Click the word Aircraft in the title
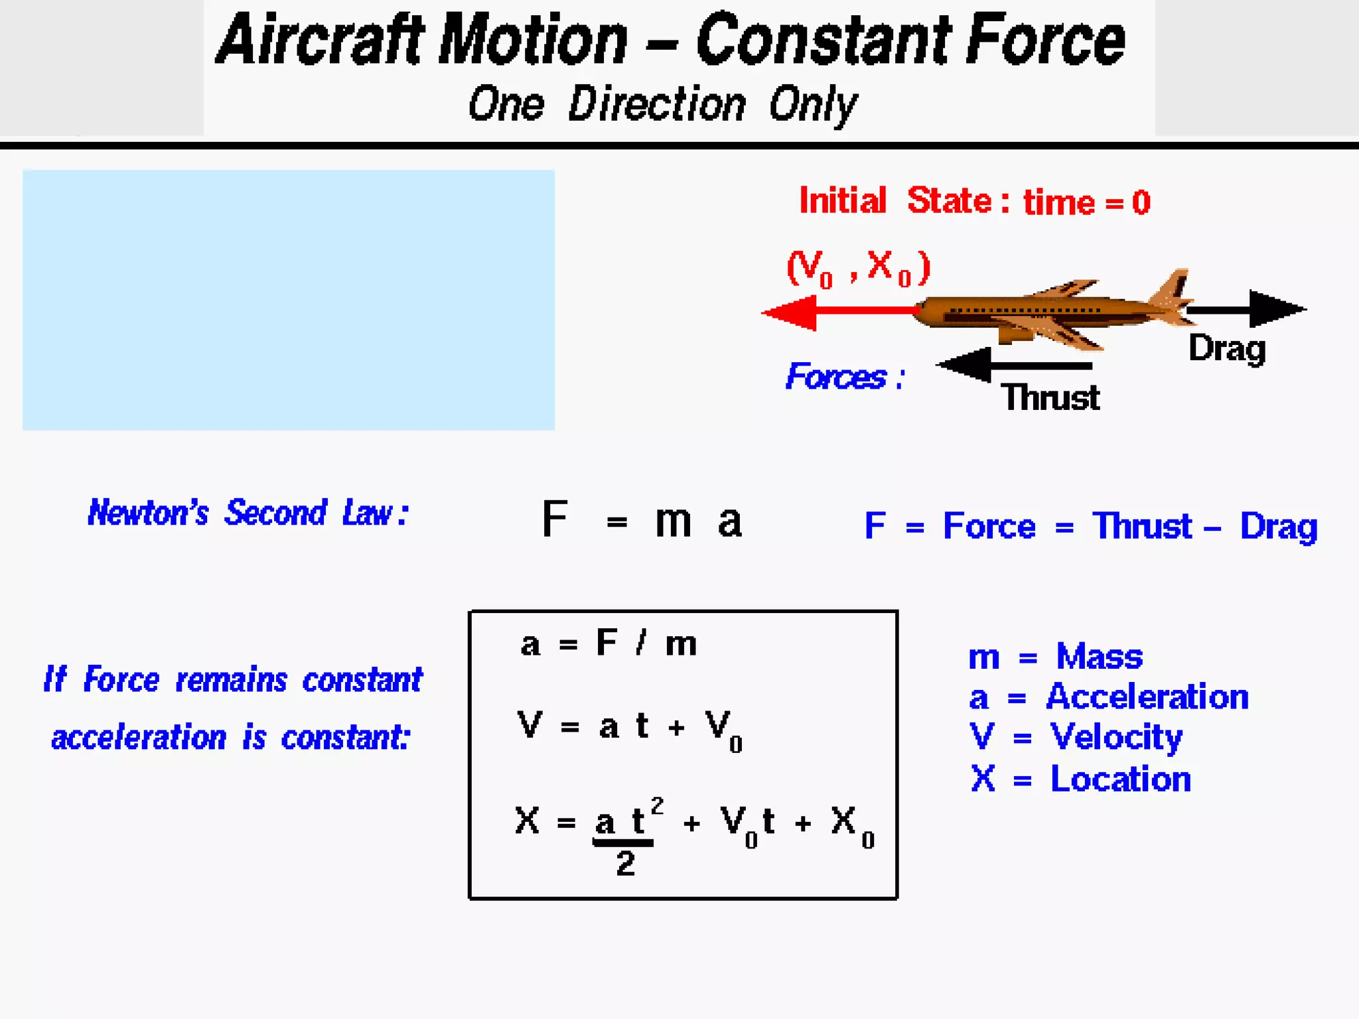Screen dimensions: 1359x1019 click(x=321, y=41)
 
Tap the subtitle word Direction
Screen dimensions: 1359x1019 click(x=657, y=105)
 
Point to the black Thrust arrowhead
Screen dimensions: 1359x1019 click(x=966, y=365)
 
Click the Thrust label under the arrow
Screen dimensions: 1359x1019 click(x=1050, y=398)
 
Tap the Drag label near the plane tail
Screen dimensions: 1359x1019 click(x=1227, y=348)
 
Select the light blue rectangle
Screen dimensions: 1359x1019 click(x=289, y=300)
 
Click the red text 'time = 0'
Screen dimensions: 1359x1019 click(x=1086, y=202)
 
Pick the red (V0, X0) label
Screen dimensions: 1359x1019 click(x=858, y=268)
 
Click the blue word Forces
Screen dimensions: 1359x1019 click(x=836, y=377)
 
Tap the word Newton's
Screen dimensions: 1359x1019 click(x=148, y=513)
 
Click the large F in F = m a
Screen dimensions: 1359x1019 click(x=555, y=519)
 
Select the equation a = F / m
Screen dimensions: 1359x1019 click(x=608, y=644)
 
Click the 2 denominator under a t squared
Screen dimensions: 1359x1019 click(x=625, y=864)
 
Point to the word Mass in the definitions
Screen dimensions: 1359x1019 click(x=1099, y=657)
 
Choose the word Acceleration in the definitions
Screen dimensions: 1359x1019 click(x=1147, y=697)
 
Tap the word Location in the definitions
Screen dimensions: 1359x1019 click(x=1120, y=779)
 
